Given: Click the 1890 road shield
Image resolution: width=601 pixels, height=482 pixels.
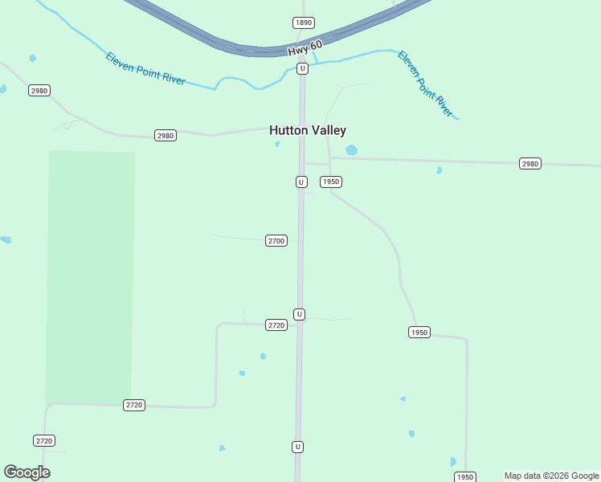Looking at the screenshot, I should pyautogui.click(x=303, y=22).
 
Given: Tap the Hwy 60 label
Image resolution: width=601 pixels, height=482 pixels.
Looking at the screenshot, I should pyautogui.click(x=305, y=49).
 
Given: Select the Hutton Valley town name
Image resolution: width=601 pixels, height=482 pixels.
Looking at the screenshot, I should pyautogui.click(x=308, y=130).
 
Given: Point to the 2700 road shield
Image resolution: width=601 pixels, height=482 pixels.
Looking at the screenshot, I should pyautogui.click(x=276, y=241).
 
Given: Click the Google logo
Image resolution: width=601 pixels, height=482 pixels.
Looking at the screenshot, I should pyautogui.click(x=27, y=472).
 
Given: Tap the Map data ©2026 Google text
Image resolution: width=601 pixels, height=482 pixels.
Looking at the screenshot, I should pyautogui.click(x=551, y=476).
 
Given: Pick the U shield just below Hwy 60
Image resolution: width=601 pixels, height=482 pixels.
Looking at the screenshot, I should pyautogui.click(x=302, y=69).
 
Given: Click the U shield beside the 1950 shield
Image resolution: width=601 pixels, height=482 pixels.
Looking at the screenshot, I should pyautogui.click(x=301, y=182).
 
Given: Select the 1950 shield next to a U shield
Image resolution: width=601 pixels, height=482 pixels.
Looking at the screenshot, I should pyautogui.click(x=331, y=182).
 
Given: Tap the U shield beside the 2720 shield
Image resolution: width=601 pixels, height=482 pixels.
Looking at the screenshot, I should pyautogui.click(x=299, y=314).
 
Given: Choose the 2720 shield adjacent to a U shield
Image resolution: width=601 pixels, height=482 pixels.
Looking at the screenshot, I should pyautogui.click(x=276, y=325).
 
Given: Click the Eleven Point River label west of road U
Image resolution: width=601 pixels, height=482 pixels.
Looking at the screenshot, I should pyautogui.click(x=145, y=69).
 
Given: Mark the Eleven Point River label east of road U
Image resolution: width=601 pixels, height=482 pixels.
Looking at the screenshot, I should pyautogui.click(x=425, y=84).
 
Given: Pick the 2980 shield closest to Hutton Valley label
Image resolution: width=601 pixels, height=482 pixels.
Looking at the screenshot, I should pyautogui.click(x=166, y=136).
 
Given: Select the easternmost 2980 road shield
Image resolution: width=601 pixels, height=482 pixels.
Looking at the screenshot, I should pyautogui.click(x=530, y=164).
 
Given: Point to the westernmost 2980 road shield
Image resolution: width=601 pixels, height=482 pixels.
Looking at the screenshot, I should pyautogui.click(x=39, y=91).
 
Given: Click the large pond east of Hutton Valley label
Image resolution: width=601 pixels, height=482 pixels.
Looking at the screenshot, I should pyautogui.click(x=351, y=150).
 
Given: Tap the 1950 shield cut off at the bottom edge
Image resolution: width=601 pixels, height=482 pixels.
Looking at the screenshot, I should pyautogui.click(x=466, y=477).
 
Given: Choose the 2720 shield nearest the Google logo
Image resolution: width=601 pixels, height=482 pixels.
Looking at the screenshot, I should pyautogui.click(x=44, y=441).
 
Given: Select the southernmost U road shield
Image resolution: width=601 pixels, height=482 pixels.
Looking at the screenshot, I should pyautogui.click(x=298, y=447).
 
